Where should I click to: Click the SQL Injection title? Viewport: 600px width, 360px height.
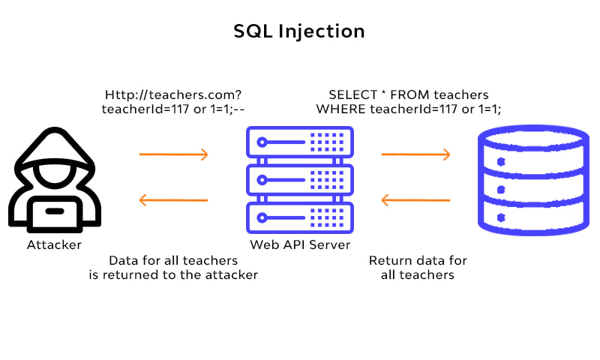tap(299, 31)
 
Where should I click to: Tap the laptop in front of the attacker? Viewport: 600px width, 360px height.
tap(53, 213)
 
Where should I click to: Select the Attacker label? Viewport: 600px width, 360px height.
tap(54, 245)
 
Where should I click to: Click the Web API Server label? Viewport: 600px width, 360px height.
tap(299, 245)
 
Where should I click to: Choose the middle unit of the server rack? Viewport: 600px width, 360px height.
tap(299, 180)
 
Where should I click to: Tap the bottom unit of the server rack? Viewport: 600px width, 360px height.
tap(299, 218)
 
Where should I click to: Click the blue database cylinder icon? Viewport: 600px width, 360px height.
tap(533, 181)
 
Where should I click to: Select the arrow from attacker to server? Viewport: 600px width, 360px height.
tap(173, 155)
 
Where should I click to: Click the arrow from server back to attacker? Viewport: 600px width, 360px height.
tap(173, 200)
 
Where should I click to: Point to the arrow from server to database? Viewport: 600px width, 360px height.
tap(415, 155)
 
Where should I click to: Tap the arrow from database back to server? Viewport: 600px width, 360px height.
tap(415, 200)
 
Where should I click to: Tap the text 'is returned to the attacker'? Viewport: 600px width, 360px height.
tap(173, 275)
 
